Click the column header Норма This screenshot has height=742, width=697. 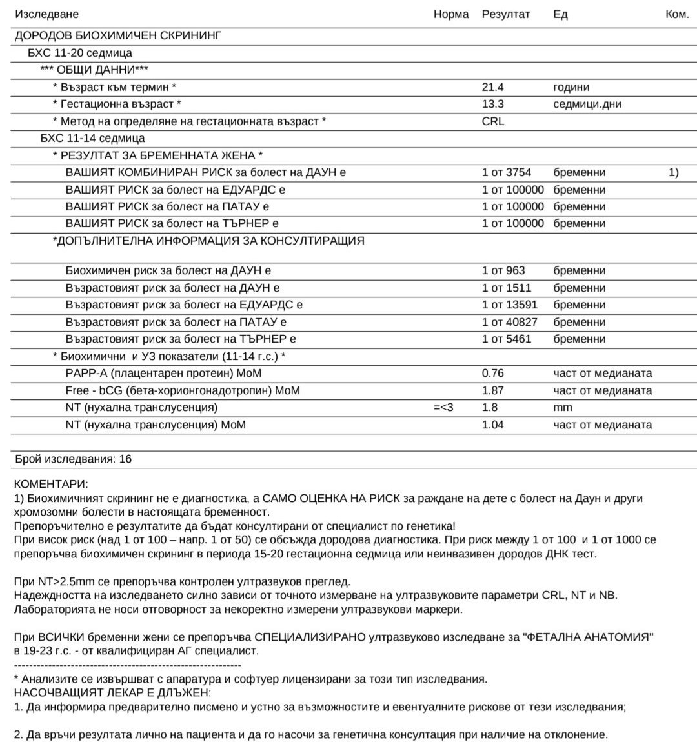pyautogui.click(x=450, y=14)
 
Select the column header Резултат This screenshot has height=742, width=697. pyautogui.click(x=505, y=14)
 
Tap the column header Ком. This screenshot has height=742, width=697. pyautogui.click(x=677, y=14)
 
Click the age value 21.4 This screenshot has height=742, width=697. pyautogui.click(x=492, y=87)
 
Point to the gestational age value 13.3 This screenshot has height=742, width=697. pyautogui.click(x=492, y=104)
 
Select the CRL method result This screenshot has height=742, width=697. pyautogui.click(x=493, y=121)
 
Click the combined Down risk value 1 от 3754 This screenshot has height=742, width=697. pyautogui.click(x=506, y=172)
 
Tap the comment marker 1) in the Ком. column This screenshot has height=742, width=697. pyautogui.click(x=674, y=172)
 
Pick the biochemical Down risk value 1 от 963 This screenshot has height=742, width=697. pyautogui.click(x=503, y=271)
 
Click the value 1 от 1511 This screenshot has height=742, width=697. pyautogui.click(x=506, y=288)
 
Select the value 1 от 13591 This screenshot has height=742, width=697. pyautogui.click(x=509, y=305)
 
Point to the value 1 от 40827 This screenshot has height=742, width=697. pyautogui.click(x=509, y=322)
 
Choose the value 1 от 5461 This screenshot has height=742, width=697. pyautogui.click(x=506, y=339)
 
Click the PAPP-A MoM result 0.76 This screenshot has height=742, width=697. pyautogui.click(x=492, y=373)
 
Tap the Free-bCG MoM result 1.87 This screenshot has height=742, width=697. pyautogui.click(x=492, y=390)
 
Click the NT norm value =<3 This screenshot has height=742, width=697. pyautogui.click(x=443, y=407)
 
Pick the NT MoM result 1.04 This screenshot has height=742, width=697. pyautogui.click(x=492, y=425)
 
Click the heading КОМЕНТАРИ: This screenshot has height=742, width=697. pyautogui.click(x=51, y=485)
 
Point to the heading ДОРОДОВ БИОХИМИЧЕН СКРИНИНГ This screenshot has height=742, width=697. pyautogui.click(x=118, y=36)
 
